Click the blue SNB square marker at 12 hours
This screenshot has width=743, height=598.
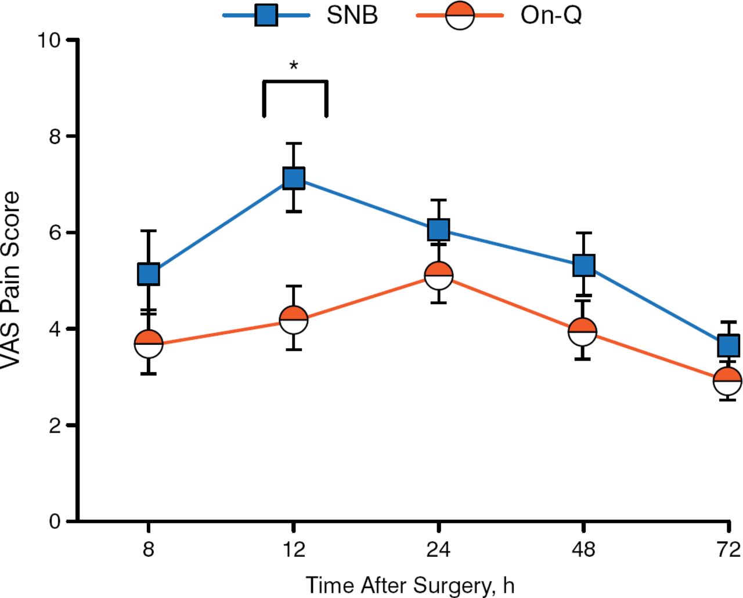(294, 178)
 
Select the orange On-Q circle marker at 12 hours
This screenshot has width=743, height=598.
(294, 319)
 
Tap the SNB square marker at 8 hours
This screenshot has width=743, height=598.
(149, 273)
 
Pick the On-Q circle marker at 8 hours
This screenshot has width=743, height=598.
(149, 344)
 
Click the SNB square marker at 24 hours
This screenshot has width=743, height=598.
(439, 229)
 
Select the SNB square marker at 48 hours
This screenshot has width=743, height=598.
(583, 265)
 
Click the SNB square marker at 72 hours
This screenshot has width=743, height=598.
(728, 345)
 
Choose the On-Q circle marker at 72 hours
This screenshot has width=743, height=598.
(727, 381)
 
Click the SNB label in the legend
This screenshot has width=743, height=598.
(352, 15)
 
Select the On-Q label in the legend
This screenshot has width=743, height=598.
(551, 15)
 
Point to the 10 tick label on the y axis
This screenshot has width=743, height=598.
(49, 40)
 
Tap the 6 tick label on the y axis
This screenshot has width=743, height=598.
(55, 232)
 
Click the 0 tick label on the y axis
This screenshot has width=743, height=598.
(55, 521)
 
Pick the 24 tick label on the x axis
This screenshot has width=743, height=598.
(439, 549)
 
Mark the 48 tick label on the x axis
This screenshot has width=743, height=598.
(583, 549)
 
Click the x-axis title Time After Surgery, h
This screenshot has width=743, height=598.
(410, 585)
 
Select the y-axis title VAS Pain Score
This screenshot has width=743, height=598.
(12, 280)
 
